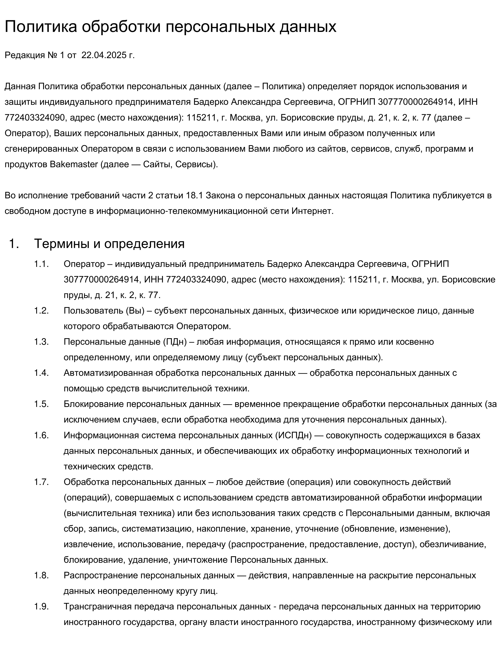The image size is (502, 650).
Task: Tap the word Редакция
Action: (x=25, y=55)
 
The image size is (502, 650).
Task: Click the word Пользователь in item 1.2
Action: (x=93, y=311)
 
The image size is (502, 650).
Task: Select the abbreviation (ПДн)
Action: (x=175, y=342)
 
